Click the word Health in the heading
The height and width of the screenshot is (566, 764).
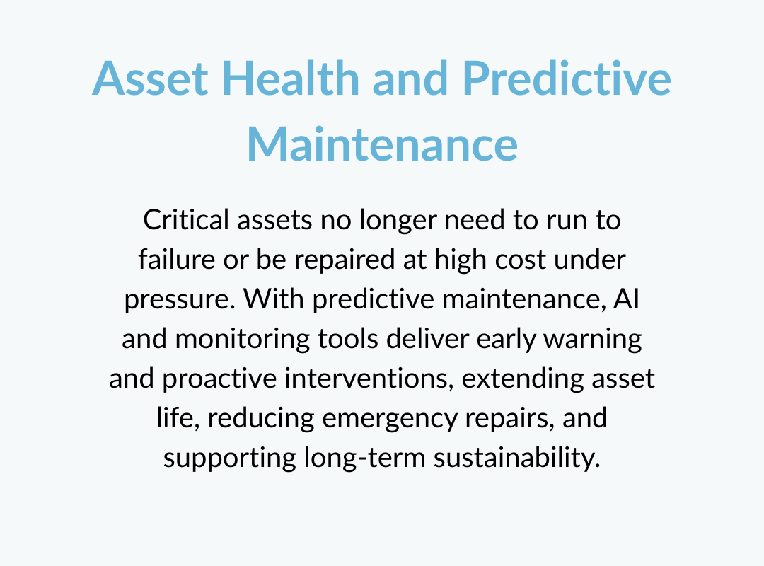coord(291,78)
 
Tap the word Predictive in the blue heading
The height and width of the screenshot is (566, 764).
coord(567,78)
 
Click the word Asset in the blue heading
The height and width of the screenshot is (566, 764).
coord(150,78)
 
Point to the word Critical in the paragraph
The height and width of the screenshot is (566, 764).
coord(185,219)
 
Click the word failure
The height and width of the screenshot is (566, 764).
coord(176,259)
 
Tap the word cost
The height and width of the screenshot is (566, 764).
coord(520,260)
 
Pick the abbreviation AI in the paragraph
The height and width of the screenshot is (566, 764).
coord(626,299)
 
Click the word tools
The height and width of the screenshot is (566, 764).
coord(348,338)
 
